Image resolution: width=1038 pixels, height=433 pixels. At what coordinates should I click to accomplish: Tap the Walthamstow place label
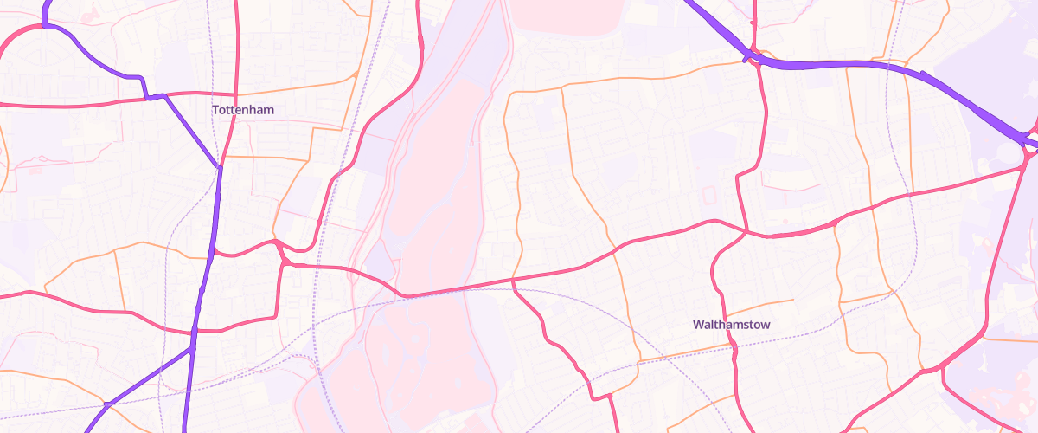point(731,325)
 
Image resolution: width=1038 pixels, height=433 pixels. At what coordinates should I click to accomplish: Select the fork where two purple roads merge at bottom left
point(191,349)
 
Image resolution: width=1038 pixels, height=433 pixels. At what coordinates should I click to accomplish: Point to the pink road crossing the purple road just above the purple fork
point(195,331)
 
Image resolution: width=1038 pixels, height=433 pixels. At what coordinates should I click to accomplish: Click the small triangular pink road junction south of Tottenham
point(282,255)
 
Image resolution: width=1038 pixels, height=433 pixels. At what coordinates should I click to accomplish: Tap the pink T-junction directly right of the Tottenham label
point(236,94)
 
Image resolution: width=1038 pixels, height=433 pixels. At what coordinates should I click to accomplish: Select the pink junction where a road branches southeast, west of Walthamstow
point(514,281)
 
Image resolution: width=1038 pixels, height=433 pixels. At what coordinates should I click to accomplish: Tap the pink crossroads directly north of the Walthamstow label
point(746,231)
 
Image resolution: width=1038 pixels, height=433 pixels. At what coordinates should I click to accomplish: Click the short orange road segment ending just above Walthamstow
point(791,301)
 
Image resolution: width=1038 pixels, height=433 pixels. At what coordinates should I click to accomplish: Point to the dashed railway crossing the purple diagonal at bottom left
point(106,404)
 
